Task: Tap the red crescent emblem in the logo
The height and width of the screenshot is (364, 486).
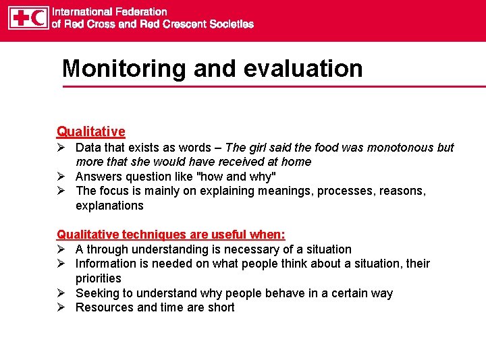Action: point(38,18)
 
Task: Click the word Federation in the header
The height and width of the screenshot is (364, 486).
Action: point(140,11)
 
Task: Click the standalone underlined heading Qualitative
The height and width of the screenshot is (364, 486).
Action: point(91,131)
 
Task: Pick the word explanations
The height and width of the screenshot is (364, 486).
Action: point(109,206)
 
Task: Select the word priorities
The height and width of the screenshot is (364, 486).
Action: point(99,278)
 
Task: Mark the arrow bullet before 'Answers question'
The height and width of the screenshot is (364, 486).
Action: point(61,177)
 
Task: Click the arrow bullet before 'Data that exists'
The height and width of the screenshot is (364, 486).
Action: point(61,148)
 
